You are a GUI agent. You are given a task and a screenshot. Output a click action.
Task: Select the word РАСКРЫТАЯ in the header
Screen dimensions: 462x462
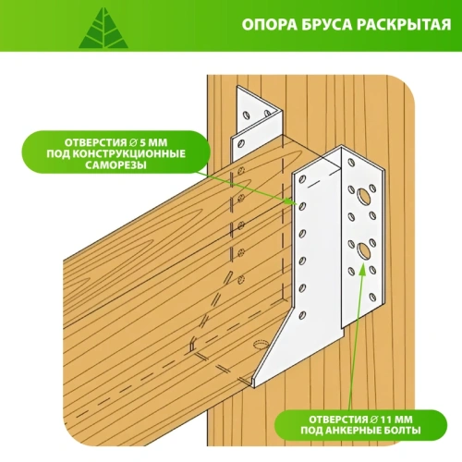(x=404, y=26)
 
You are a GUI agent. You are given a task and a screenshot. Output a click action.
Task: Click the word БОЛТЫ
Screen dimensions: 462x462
(x=411, y=431)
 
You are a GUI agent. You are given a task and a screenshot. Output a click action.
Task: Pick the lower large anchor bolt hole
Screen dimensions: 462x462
(x=363, y=249)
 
